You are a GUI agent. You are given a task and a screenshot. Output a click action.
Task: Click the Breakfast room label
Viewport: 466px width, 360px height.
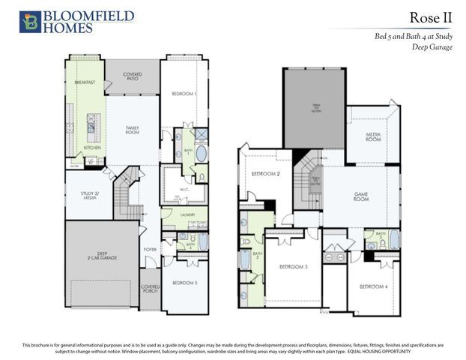click(85, 82)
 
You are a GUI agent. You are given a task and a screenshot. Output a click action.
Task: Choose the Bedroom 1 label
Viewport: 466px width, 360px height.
click(184, 94)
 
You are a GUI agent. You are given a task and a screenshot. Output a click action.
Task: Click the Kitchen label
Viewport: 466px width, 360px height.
click(92, 148)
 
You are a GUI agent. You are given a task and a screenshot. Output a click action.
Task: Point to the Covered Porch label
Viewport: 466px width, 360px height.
click(151, 288)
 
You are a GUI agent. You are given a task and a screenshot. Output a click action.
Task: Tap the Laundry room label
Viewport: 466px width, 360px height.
click(188, 215)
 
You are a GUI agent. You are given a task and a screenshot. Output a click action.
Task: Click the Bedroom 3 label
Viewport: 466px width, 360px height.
click(294, 267)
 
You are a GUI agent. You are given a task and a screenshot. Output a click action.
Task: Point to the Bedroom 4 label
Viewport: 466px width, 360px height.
click(372, 287)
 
